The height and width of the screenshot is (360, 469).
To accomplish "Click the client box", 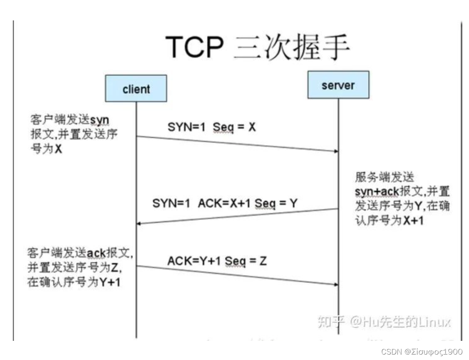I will coord(136,88).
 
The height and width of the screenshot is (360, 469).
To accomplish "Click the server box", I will coord(338,86).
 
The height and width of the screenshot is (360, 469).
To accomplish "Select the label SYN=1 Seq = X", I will coord(211,127).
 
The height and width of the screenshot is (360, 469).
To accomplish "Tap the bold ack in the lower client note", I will coord(96,252).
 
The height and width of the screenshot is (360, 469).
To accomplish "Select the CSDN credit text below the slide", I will coord(422,352).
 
